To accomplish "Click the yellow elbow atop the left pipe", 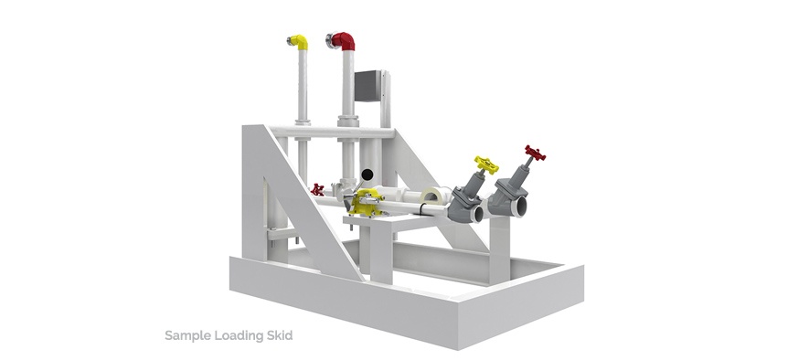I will pos(298,42).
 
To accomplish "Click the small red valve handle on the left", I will pos(317,190).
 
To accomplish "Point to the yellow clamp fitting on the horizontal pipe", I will pos(368,204).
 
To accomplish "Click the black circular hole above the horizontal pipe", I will pos(367,174).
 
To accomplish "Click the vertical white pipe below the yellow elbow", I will pos(303,87).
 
